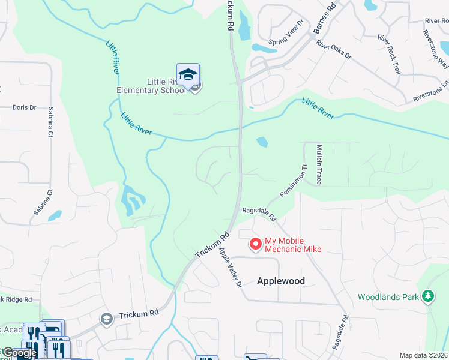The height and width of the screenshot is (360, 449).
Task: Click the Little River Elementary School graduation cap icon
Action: tap(188, 74)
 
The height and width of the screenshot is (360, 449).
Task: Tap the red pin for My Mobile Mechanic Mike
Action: tap(255, 244)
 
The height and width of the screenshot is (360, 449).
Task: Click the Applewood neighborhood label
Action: tap(281, 281)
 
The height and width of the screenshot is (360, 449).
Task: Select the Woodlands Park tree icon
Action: tap(427, 296)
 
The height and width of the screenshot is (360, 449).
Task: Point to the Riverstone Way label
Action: tap(436, 52)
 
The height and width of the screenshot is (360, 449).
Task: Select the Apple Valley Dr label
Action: tap(230, 267)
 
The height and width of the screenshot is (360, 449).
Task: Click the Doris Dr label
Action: tap(25, 107)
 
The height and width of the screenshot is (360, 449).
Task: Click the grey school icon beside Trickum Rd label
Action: tap(107, 318)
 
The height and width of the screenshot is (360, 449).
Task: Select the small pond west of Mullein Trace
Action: tap(262, 142)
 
